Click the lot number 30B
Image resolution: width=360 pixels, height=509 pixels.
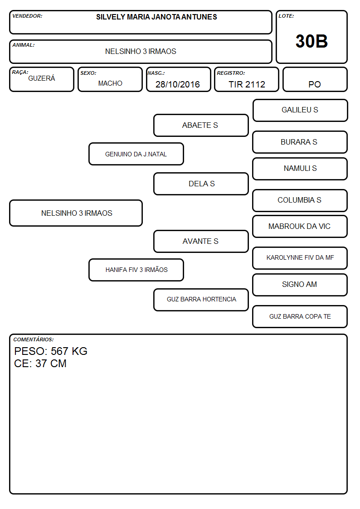point(311,41)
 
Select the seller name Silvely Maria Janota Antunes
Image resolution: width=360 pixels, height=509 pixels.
point(156,17)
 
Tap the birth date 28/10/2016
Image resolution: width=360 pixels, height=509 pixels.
point(178,84)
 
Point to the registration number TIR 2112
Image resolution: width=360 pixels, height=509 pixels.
point(247,84)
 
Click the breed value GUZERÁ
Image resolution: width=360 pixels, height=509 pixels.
point(42,78)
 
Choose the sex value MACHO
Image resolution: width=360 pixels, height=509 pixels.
point(110,83)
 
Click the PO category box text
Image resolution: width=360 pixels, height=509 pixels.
point(315,84)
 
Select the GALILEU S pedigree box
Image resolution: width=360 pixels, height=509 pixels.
point(300,111)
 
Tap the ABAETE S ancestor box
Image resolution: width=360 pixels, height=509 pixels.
point(201,125)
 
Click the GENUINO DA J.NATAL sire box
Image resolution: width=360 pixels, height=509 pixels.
point(136,154)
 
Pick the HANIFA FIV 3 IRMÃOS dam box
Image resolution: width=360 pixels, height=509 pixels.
point(136,270)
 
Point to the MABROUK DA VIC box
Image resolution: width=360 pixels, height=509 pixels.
point(300,226)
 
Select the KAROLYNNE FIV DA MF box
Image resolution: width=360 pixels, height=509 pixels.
point(300,258)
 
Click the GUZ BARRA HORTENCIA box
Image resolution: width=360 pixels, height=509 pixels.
point(201,300)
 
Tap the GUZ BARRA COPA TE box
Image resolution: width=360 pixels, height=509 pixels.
point(300,316)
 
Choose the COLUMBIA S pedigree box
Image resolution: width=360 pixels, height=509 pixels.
point(300,200)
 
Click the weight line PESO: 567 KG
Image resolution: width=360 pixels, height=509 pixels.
point(51,351)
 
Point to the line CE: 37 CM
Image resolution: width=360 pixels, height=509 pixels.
point(40,364)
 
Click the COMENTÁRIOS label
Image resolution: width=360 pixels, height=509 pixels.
point(34,339)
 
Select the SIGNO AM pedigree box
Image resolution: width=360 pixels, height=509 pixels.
point(300,285)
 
